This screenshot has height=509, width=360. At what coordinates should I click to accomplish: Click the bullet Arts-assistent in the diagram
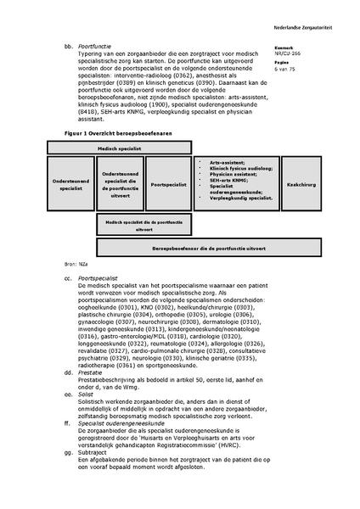pyautogui.click(x=217, y=161)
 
